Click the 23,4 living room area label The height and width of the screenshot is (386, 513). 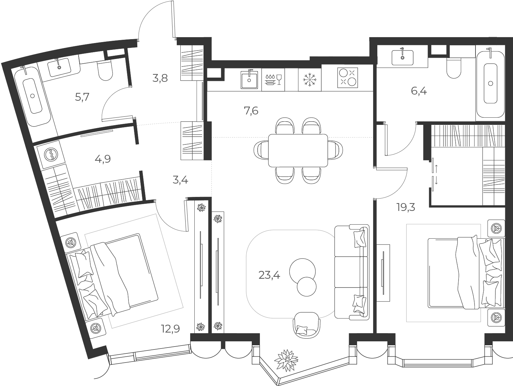[269, 275]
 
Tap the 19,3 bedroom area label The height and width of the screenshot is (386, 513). [406, 207]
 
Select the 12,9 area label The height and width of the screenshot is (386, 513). [170, 329]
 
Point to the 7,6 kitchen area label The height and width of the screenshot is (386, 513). [251, 111]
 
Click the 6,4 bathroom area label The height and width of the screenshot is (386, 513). [419, 91]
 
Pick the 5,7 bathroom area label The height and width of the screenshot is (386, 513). [82, 97]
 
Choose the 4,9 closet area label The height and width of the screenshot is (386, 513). [103, 159]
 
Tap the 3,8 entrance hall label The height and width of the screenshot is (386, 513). [160, 78]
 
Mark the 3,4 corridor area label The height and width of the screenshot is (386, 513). [180, 180]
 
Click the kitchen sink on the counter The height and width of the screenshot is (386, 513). [249, 80]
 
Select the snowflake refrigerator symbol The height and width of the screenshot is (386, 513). [310, 80]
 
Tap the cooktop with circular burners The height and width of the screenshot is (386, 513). [348, 78]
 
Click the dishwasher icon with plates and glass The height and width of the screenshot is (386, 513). [273, 80]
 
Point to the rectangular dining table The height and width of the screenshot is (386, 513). [298, 151]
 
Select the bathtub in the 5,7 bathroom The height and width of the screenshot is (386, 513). [33, 96]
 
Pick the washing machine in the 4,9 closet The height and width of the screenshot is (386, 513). [51, 155]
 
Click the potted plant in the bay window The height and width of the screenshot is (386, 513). [286, 364]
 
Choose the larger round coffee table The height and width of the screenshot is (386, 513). [302, 272]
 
